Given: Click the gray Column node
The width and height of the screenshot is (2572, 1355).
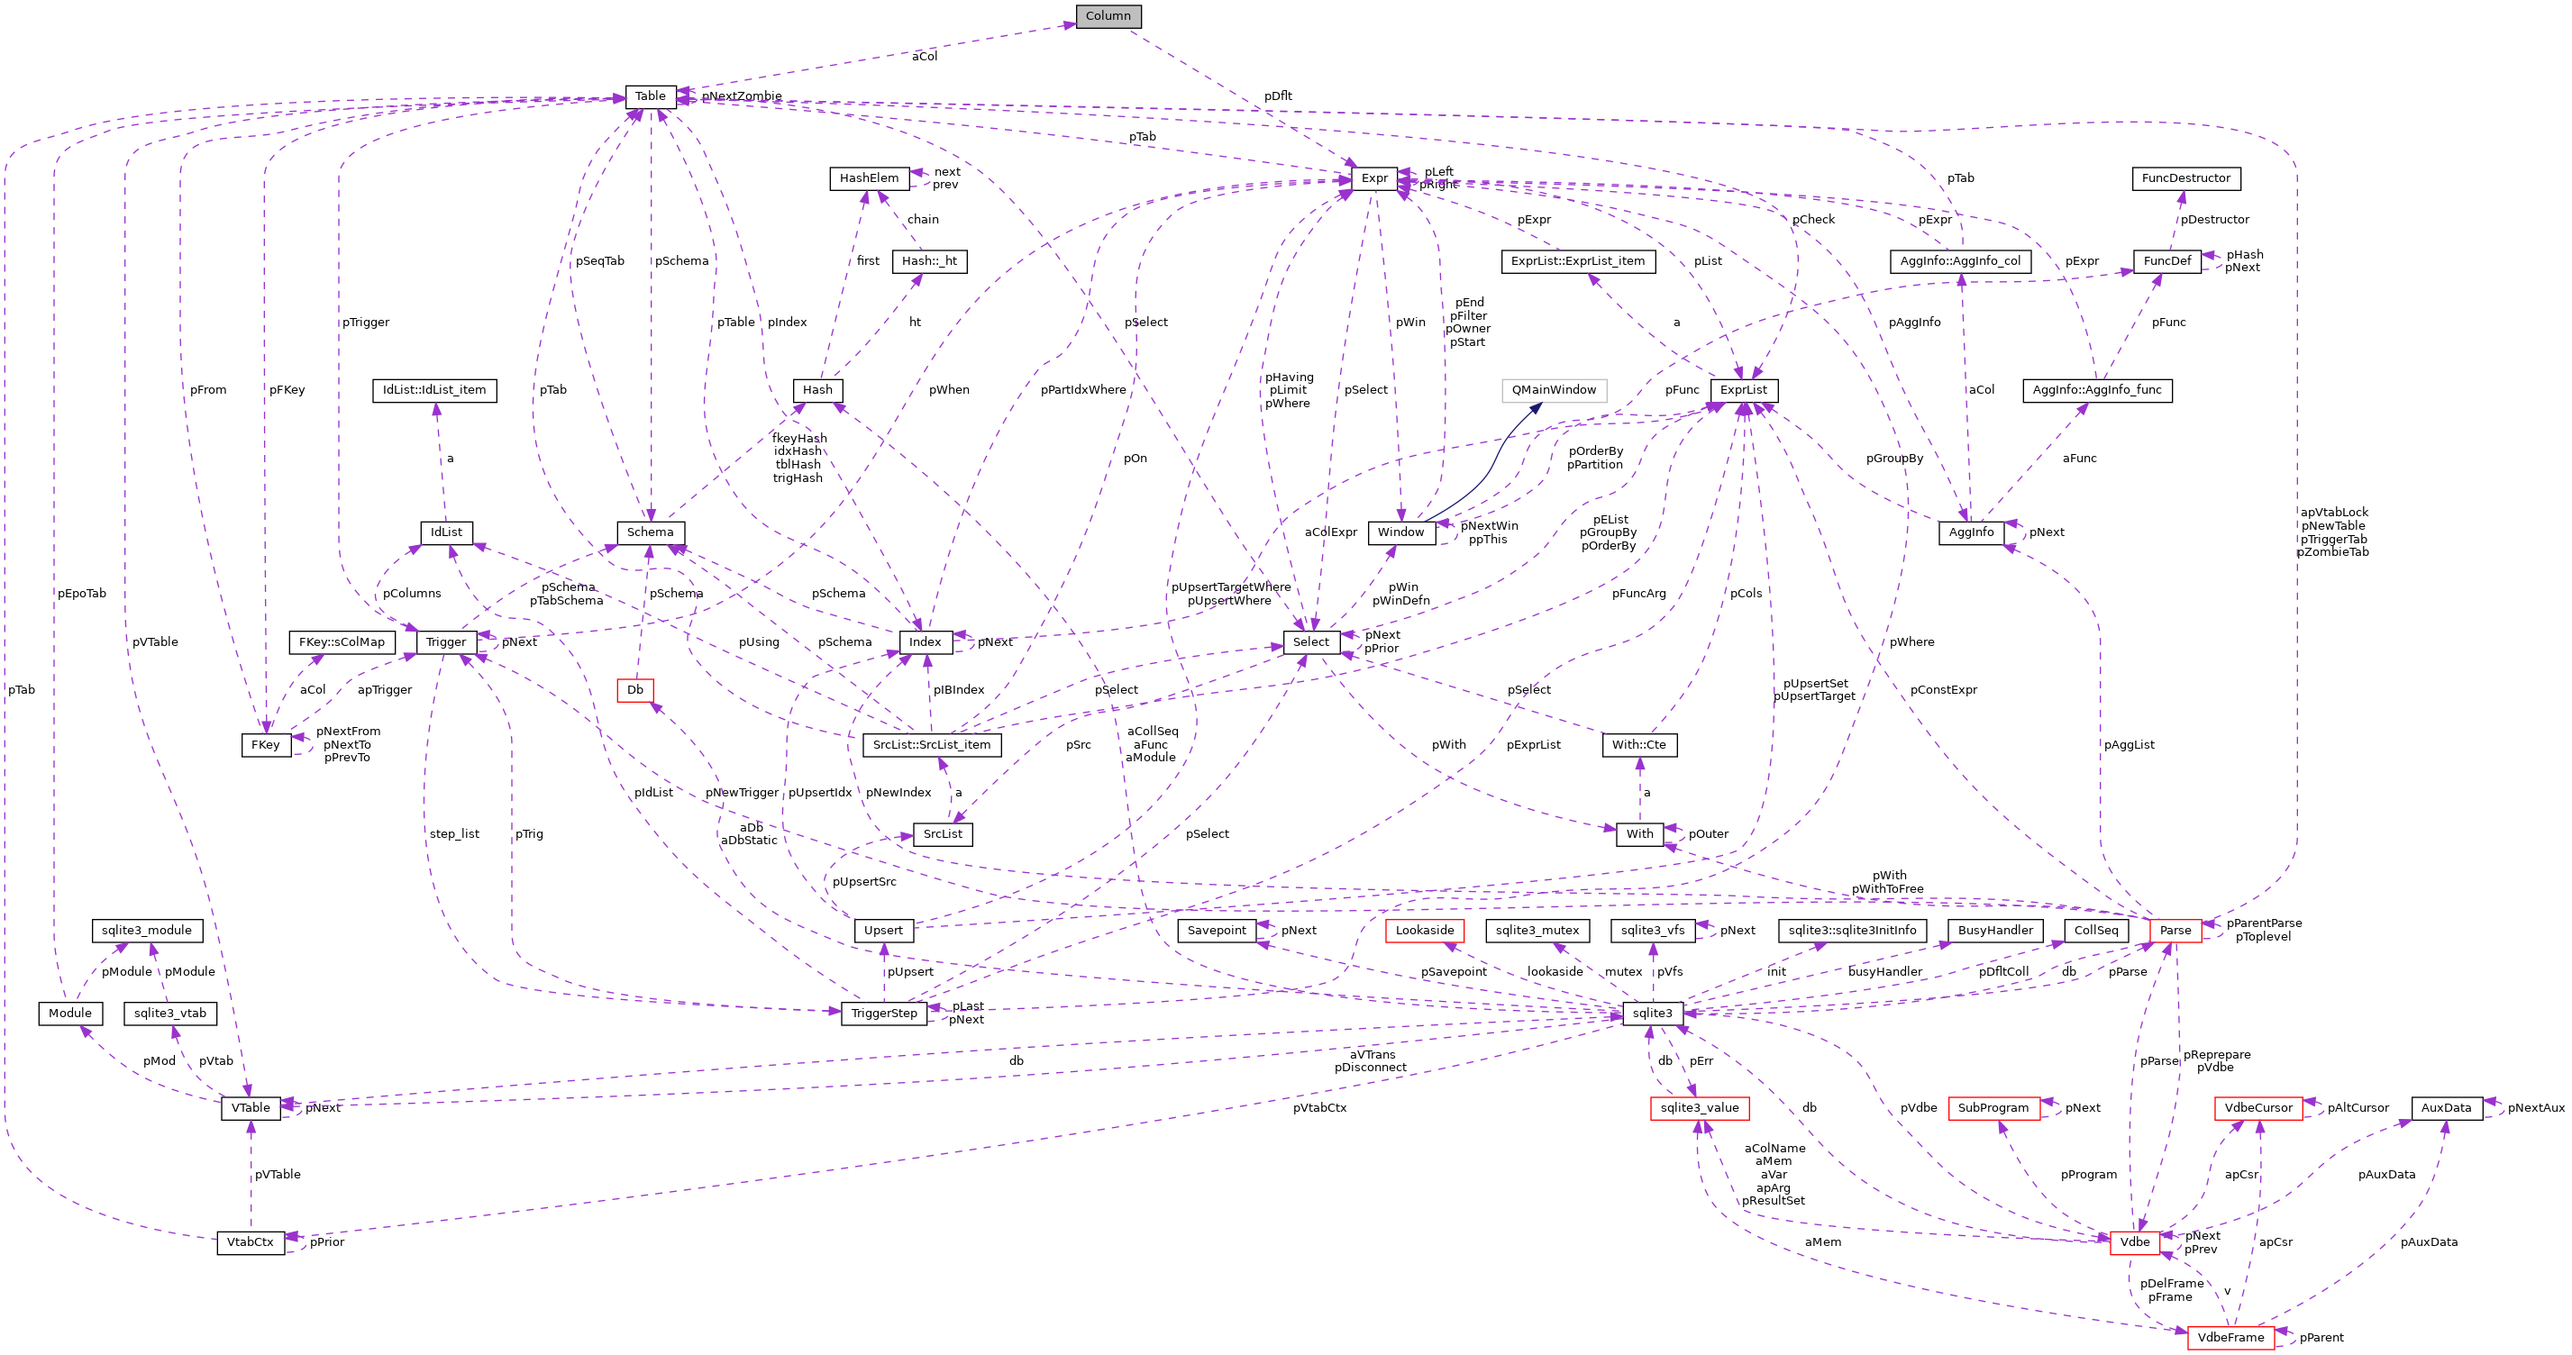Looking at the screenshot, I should coord(1108,16).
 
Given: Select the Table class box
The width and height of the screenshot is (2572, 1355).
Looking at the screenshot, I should coord(650,95).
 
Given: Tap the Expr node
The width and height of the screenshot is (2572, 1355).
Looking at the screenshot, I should coord(1373,177).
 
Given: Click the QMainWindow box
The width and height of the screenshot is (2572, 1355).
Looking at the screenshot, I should coord(1554,389).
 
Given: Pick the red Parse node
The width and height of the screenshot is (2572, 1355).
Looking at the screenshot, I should coord(2175,930).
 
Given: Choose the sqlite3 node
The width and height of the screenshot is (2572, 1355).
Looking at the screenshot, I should coord(1653,1013).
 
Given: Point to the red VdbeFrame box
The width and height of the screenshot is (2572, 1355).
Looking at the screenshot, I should coord(2230,1337).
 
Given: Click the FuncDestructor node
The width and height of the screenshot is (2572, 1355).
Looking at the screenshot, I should coord(2185,177).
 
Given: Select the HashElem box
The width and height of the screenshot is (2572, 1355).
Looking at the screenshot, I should coord(869,177).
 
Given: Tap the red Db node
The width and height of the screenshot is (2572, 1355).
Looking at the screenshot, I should coord(635,689).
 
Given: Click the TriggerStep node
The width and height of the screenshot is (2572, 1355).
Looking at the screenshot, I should coord(884,1013).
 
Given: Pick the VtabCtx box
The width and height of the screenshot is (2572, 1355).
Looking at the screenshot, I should coord(250,1242).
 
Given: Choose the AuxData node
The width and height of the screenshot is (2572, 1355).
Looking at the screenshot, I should coord(2446,1107).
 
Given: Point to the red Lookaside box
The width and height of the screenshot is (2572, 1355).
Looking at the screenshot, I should coord(1425,930).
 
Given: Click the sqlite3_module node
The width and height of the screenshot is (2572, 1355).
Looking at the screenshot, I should coord(147,930).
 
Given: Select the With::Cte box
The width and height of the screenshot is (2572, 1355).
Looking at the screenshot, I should coord(1638,744).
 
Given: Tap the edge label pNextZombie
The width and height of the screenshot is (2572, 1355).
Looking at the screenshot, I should coord(741,95).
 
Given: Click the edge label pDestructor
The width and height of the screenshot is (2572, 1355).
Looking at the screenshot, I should coord(2214,220).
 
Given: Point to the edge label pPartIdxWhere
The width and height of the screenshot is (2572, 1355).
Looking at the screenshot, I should coord(1082,389).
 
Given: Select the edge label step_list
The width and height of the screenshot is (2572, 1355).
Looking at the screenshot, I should coord(454,833).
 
